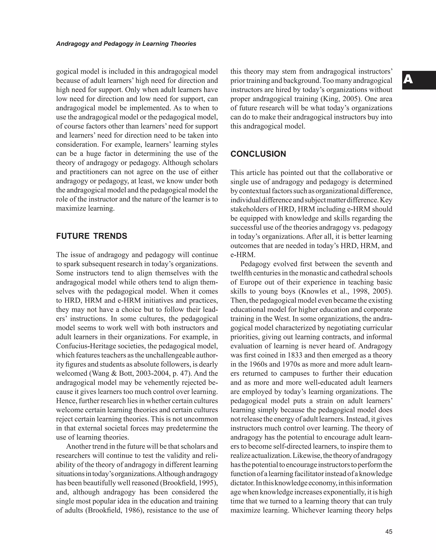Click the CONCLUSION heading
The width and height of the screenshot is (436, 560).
pyautogui.click(x=258, y=154)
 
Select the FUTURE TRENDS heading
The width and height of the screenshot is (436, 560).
pyautogui.click(x=92, y=236)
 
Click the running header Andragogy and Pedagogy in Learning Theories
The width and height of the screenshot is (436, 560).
pyautogui.click(x=126, y=44)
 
